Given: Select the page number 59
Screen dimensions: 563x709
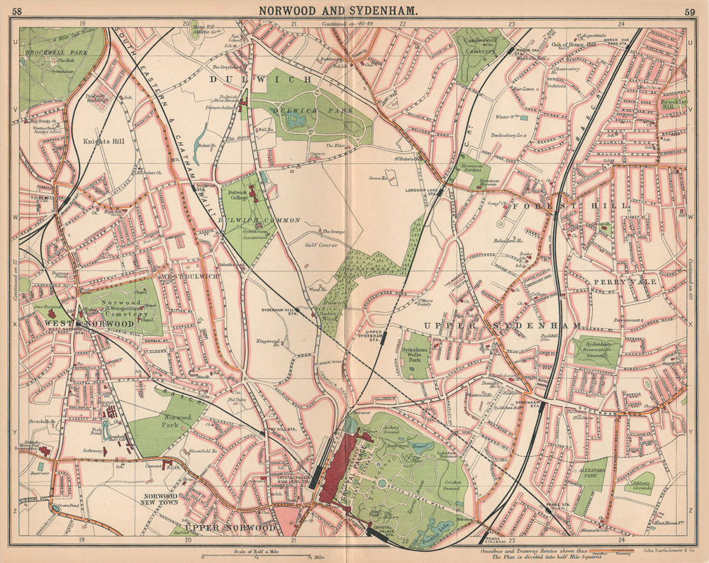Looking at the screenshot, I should [x=690, y=11].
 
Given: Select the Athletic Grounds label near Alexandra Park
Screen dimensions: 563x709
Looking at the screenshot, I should [x=639, y=486].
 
